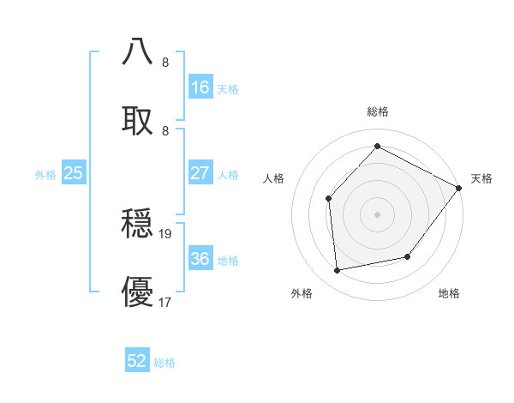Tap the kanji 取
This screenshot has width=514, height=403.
(138, 119)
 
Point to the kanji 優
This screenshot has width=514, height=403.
(138, 292)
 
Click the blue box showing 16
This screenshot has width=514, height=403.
(200, 87)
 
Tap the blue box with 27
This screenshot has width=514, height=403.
(200, 173)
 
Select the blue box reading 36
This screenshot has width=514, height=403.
(200, 259)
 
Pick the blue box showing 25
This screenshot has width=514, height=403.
(74, 173)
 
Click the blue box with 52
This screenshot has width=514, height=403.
(137, 361)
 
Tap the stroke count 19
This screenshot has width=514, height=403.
(166, 233)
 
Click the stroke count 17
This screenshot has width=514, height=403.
(165, 301)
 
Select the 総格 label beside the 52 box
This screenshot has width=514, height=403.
(164, 363)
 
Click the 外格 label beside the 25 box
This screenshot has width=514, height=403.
(45, 175)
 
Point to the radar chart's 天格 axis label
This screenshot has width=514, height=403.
(481, 178)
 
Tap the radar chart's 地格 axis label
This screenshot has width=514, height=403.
(449, 293)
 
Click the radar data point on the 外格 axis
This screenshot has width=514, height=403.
(338, 271)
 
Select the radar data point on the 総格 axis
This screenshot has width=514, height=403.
(377, 147)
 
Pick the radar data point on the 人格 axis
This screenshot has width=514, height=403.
(329, 199)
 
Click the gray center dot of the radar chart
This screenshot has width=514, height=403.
(377, 214)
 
